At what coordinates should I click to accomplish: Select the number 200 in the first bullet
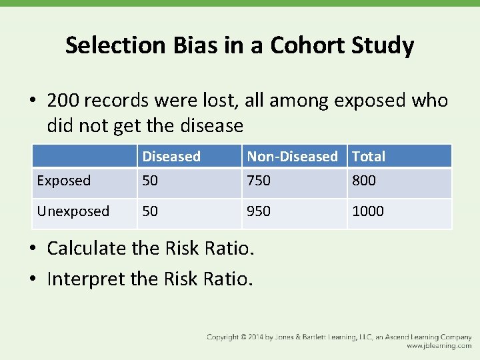(x=65, y=101)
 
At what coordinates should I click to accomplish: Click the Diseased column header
(x=171, y=157)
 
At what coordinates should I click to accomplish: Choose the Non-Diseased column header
(x=292, y=157)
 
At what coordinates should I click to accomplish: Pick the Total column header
(x=369, y=157)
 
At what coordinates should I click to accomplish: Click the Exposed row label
(x=63, y=181)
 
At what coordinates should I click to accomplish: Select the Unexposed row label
(x=73, y=211)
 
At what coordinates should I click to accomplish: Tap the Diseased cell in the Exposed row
(x=150, y=181)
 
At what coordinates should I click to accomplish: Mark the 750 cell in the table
(x=259, y=181)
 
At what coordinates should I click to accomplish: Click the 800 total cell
(x=364, y=181)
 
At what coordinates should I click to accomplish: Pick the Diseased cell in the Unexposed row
(x=150, y=211)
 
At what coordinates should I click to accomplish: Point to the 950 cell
(x=259, y=211)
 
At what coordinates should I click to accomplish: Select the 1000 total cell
(x=368, y=211)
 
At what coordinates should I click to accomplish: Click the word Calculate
(x=87, y=249)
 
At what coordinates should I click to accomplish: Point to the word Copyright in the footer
(x=223, y=337)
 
